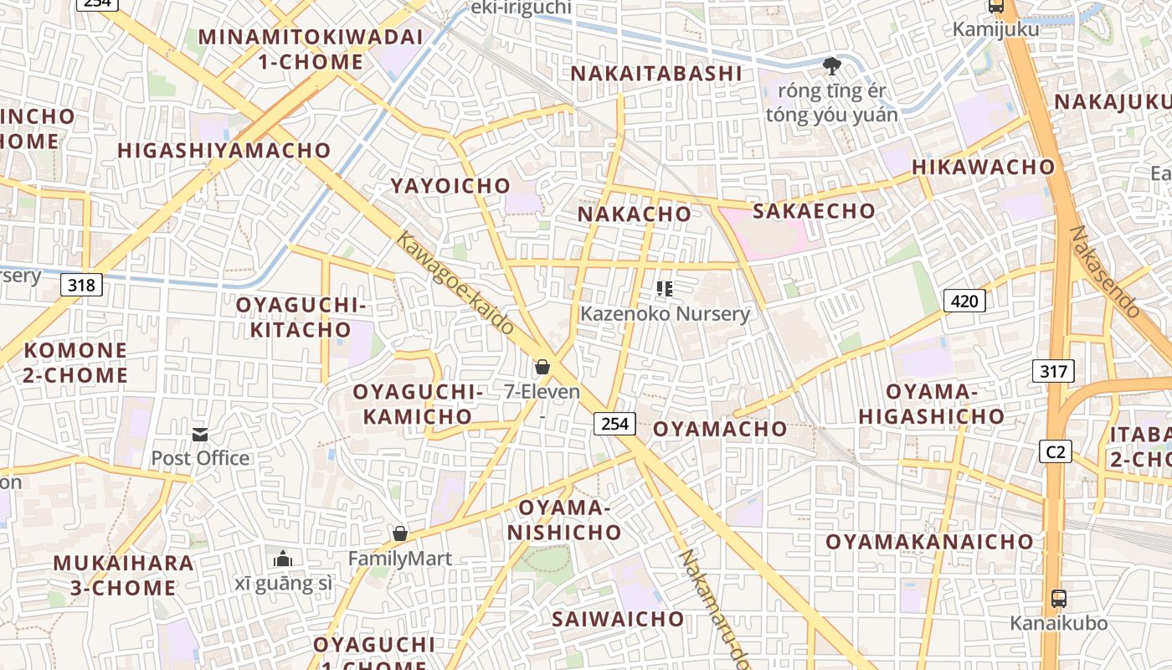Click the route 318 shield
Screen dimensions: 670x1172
pyautogui.click(x=81, y=285)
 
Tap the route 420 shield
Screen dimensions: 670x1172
pyautogui.click(x=964, y=301)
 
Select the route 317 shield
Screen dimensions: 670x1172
pyautogui.click(x=1052, y=370)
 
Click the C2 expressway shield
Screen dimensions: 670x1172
pyautogui.click(x=1056, y=452)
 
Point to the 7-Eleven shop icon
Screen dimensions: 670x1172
pyautogui.click(x=542, y=367)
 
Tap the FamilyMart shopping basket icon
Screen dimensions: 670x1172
pyautogui.click(x=400, y=533)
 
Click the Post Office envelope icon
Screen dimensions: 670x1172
pyautogui.click(x=200, y=434)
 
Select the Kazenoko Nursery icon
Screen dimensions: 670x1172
pyautogui.click(x=665, y=290)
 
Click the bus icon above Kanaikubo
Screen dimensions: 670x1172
pyautogui.click(x=1058, y=599)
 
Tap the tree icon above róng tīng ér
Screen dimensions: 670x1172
pyautogui.click(x=831, y=65)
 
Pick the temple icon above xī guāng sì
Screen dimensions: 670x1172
pyautogui.click(x=283, y=559)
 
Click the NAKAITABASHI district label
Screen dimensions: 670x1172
pyautogui.click(x=656, y=74)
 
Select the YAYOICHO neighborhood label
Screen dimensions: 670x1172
pyautogui.click(x=450, y=186)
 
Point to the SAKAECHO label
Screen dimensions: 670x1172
pyautogui.click(x=814, y=211)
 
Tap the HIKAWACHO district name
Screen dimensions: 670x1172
pyautogui.click(x=984, y=167)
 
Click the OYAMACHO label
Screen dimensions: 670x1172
pyautogui.click(x=720, y=429)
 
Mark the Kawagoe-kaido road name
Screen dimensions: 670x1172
pyautogui.click(x=454, y=283)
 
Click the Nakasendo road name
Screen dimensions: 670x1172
pyautogui.click(x=1105, y=271)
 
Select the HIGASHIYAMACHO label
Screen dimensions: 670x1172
pyautogui.click(x=224, y=151)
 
